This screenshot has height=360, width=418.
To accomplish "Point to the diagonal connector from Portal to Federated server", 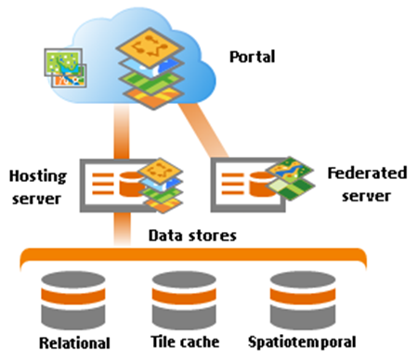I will pos(210,130).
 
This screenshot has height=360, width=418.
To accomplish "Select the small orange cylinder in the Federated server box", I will pos(260,184).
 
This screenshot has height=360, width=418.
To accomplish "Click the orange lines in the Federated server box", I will pos(232,182).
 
